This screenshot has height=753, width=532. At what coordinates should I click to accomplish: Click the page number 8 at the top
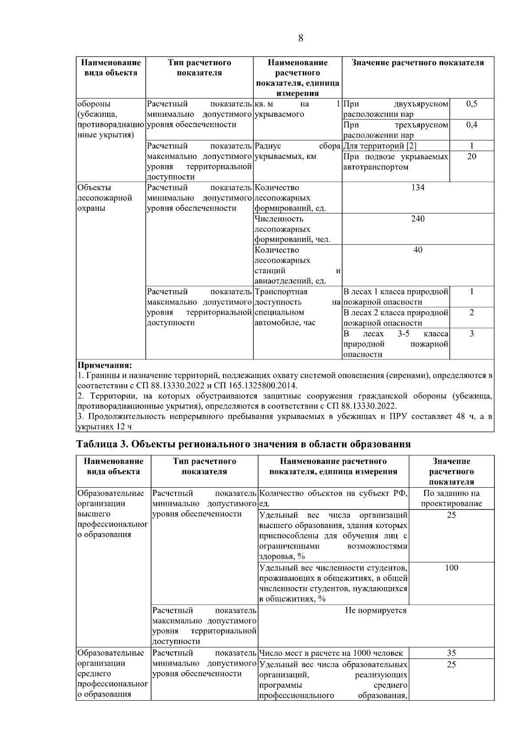pyautogui.click(x=301, y=38)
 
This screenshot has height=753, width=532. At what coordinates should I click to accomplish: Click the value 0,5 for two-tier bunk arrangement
pyautogui.click(x=472, y=104)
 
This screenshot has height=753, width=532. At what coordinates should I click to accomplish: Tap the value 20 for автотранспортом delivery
pyautogui.click(x=472, y=157)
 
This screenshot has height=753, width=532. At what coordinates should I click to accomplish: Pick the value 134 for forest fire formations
pyautogui.click(x=418, y=188)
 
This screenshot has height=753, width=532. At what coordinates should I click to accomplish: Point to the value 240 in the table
pyautogui.click(x=418, y=219)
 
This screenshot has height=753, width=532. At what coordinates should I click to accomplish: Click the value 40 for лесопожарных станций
pyautogui.click(x=418, y=250)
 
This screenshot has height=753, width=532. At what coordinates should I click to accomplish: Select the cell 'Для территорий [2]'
pyautogui.click(x=380, y=146)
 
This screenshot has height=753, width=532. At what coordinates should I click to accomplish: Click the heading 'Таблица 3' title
pyautogui.click(x=244, y=444)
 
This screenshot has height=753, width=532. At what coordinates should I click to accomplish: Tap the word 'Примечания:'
pyautogui.click(x=104, y=366)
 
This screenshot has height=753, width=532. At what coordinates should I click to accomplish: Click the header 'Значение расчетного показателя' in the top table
pyautogui.click(x=418, y=63)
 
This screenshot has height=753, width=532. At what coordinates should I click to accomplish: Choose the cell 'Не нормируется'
pyautogui.click(x=376, y=611)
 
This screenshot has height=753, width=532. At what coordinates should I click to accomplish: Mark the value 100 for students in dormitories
pyautogui.click(x=451, y=568)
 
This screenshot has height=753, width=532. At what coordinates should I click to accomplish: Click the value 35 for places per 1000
pyautogui.click(x=451, y=653)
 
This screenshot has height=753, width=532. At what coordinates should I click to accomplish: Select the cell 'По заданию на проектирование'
pyautogui.click(x=451, y=499)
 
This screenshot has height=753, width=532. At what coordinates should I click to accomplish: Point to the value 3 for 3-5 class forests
pyautogui.click(x=472, y=334)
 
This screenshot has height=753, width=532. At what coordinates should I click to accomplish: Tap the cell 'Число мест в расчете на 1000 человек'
pyautogui.click(x=331, y=653)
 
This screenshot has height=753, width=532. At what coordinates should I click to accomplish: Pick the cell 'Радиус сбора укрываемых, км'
pyautogui.click(x=297, y=151)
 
